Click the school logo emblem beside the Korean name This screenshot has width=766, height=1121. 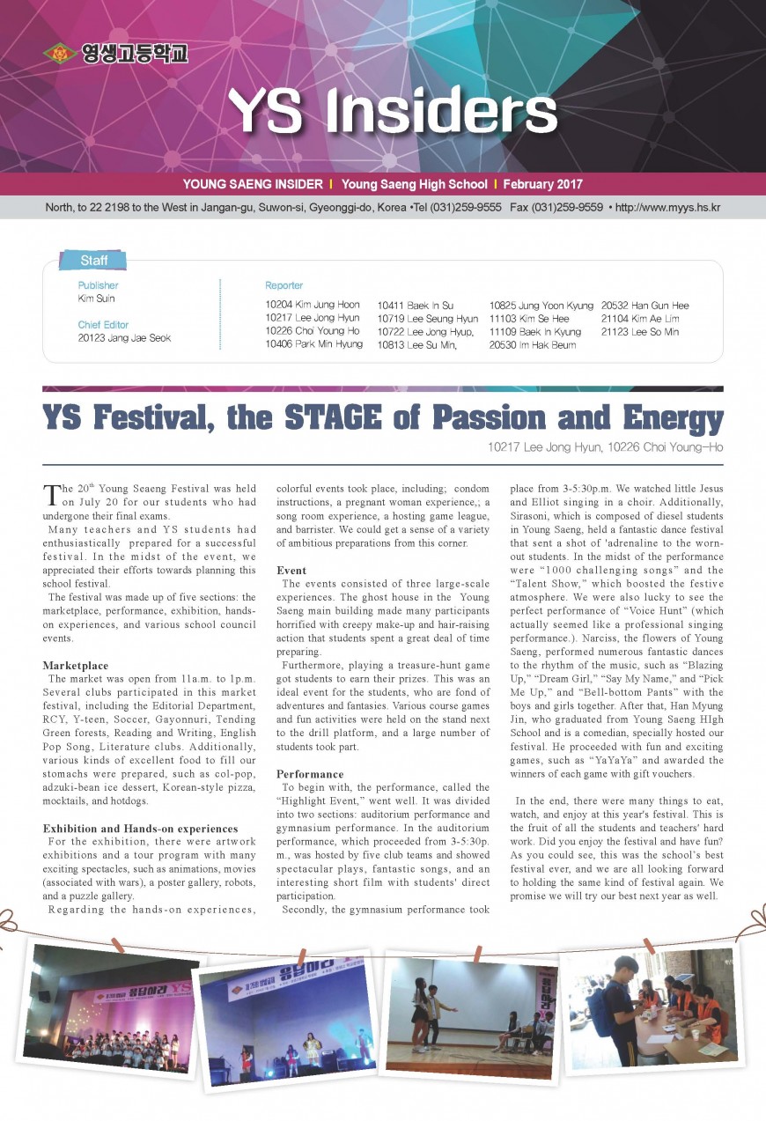(x=60, y=54)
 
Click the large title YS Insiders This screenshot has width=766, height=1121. (x=393, y=113)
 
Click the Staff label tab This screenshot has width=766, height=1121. (x=93, y=260)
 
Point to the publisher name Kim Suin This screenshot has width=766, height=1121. (x=96, y=299)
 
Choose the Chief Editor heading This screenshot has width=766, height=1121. (x=103, y=324)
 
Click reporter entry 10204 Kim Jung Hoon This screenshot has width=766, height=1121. (x=313, y=305)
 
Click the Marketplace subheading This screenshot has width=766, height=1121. (x=76, y=666)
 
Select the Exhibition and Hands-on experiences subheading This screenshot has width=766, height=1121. (x=140, y=828)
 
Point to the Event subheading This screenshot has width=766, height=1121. (x=291, y=571)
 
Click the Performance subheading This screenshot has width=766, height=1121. (x=309, y=774)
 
